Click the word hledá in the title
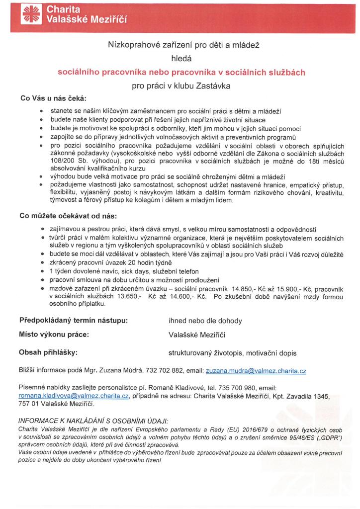[x=181, y=59]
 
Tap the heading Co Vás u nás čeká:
[x=53, y=97]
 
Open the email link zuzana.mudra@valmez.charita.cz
[x=256, y=371]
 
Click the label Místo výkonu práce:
[x=54, y=335]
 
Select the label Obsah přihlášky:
[x=49, y=352]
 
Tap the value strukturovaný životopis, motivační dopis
[x=233, y=353]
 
